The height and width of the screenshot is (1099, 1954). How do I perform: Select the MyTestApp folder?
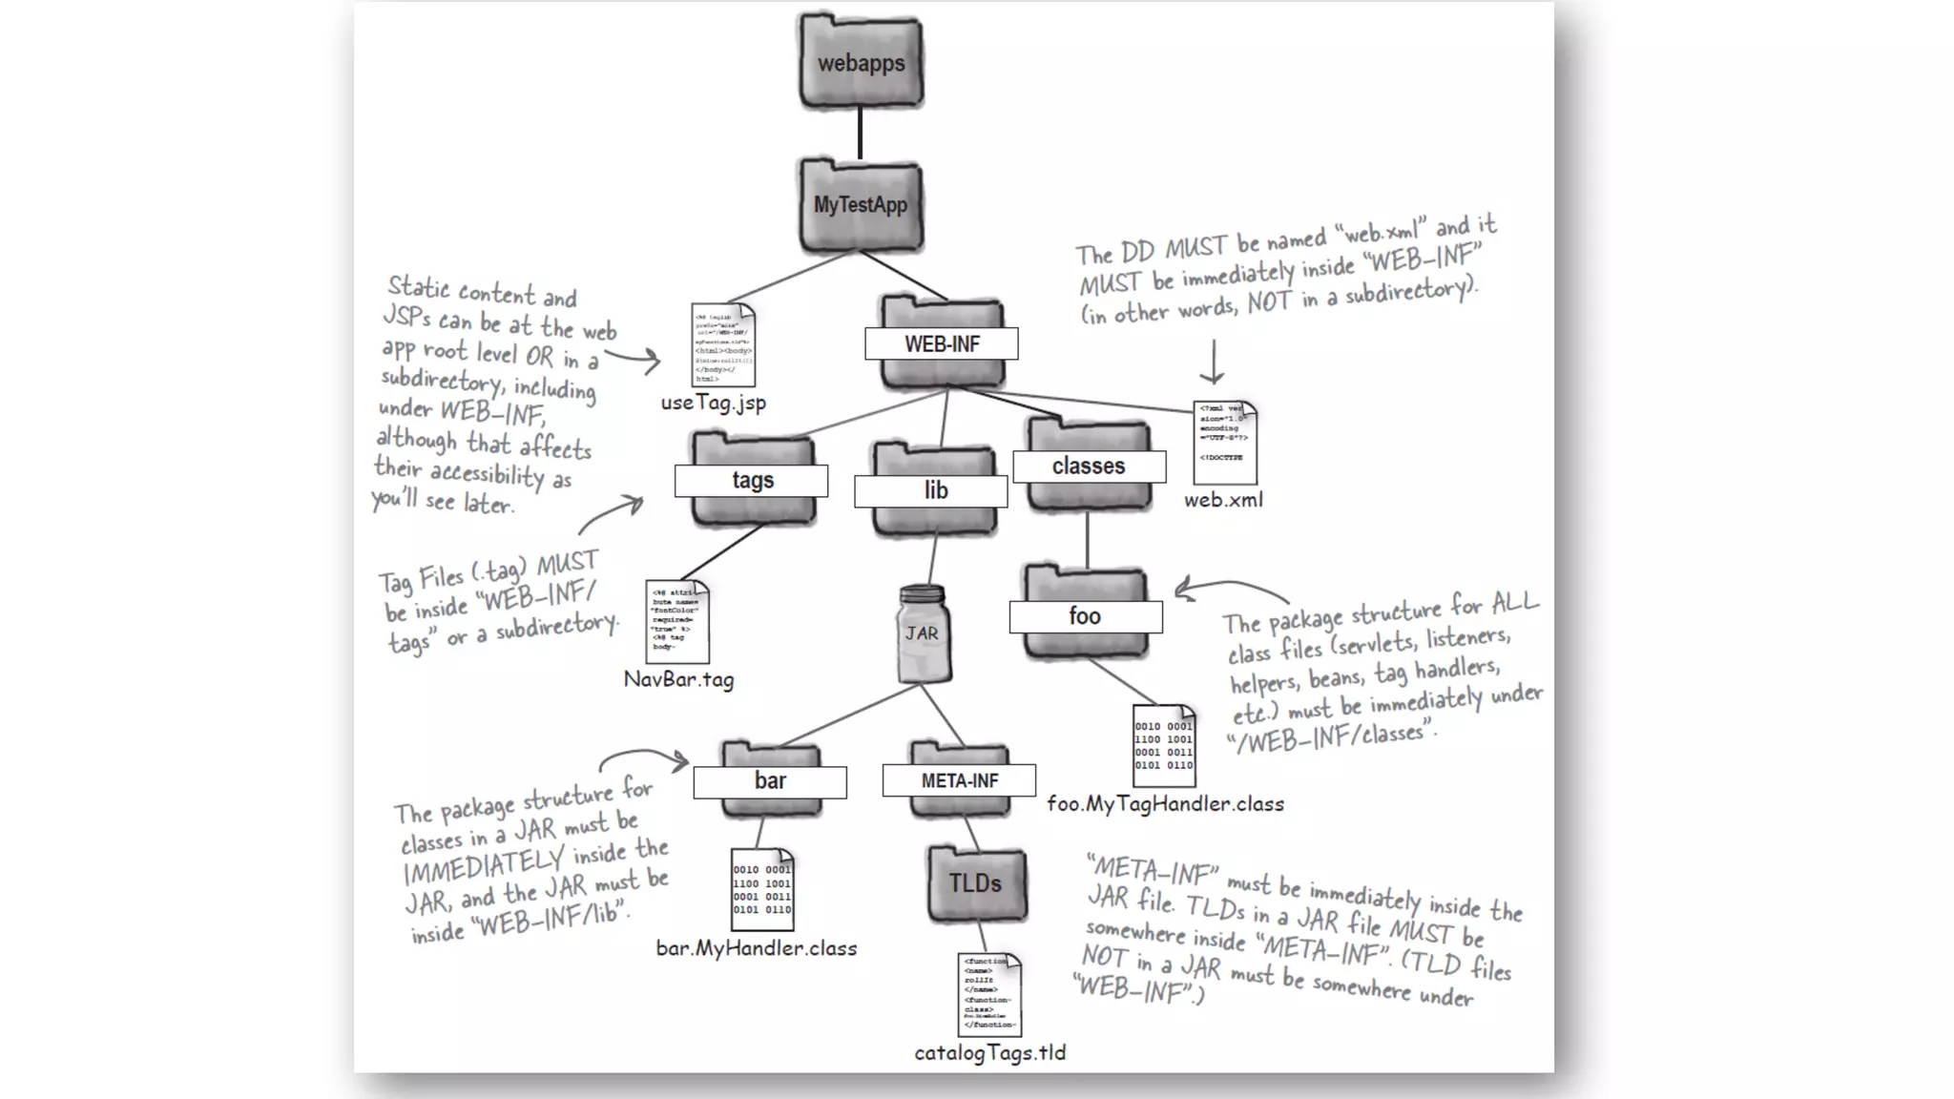click(861, 205)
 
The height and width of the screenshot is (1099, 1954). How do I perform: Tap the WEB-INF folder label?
click(942, 344)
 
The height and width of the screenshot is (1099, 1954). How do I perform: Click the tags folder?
click(753, 480)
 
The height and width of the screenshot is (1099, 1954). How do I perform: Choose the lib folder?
click(934, 490)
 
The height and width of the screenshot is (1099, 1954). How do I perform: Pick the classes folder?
click(1089, 467)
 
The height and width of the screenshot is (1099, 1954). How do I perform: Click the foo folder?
click(1085, 615)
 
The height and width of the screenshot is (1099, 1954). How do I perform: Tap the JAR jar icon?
click(923, 633)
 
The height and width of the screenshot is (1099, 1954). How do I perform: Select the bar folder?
click(770, 780)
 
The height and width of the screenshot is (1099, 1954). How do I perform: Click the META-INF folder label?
click(959, 781)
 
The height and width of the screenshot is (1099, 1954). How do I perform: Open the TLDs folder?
click(975, 883)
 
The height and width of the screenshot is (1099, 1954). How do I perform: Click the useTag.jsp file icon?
click(722, 345)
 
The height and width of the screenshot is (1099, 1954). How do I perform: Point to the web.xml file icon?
click(1224, 443)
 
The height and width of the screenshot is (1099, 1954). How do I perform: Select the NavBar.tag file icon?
click(676, 621)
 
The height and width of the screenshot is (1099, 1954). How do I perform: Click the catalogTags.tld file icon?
click(988, 994)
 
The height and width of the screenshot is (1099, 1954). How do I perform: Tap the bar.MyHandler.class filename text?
click(757, 948)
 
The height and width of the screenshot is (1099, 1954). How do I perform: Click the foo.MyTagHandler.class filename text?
click(1165, 804)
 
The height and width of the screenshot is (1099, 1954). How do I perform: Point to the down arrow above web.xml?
click(1212, 363)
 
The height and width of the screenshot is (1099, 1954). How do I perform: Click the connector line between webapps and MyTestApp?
click(860, 133)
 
